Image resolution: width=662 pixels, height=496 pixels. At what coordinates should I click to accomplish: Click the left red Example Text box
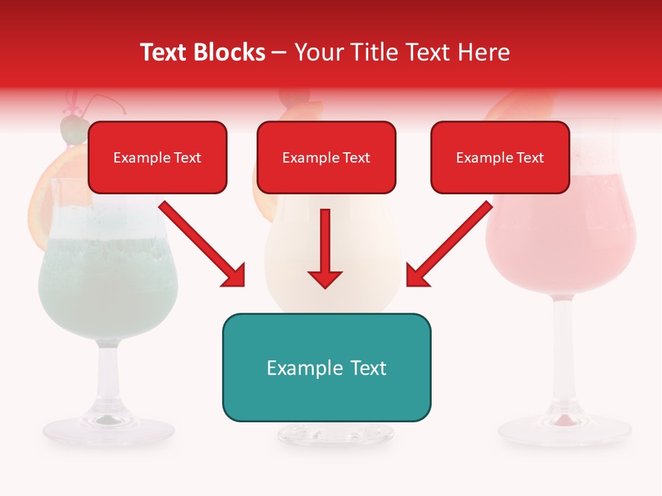click(x=157, y=157)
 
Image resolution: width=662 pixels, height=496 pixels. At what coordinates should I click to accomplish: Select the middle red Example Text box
click(x=326, y=157)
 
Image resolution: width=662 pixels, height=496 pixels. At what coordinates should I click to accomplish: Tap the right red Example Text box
click(x=500, y=157)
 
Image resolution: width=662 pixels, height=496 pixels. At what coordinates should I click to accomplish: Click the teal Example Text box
click(x=326, y=367)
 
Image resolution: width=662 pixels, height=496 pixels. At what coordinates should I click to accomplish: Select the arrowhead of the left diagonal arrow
click(x=234, y=276)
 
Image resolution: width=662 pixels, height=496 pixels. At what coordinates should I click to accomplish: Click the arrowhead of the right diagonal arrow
click(x=417, y=276)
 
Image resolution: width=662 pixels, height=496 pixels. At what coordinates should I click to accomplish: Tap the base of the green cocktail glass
click(x=108, y=429)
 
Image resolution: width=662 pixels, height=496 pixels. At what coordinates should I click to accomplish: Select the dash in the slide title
click(x=279, y=52)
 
